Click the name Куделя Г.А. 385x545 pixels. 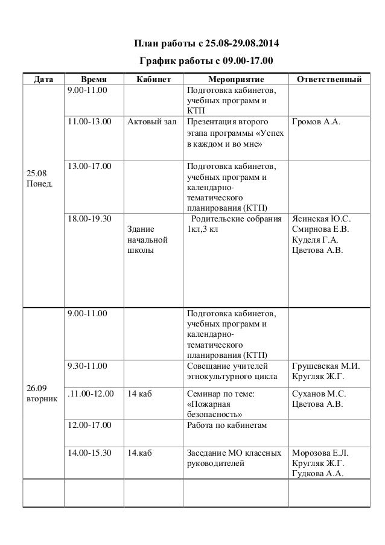pos(314,240)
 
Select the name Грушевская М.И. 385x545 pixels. pos(325,366)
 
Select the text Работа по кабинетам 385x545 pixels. pos(227,425)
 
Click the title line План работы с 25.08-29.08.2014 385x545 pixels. pos(206,44)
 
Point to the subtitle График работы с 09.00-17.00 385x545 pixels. pos(206,62)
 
